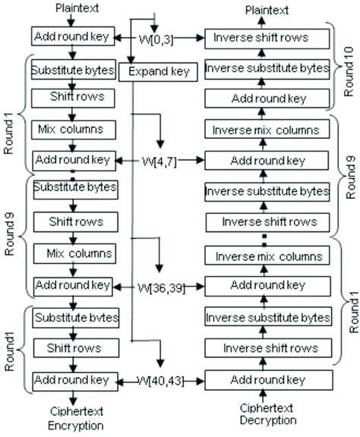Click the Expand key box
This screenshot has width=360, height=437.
pos(158,72)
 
